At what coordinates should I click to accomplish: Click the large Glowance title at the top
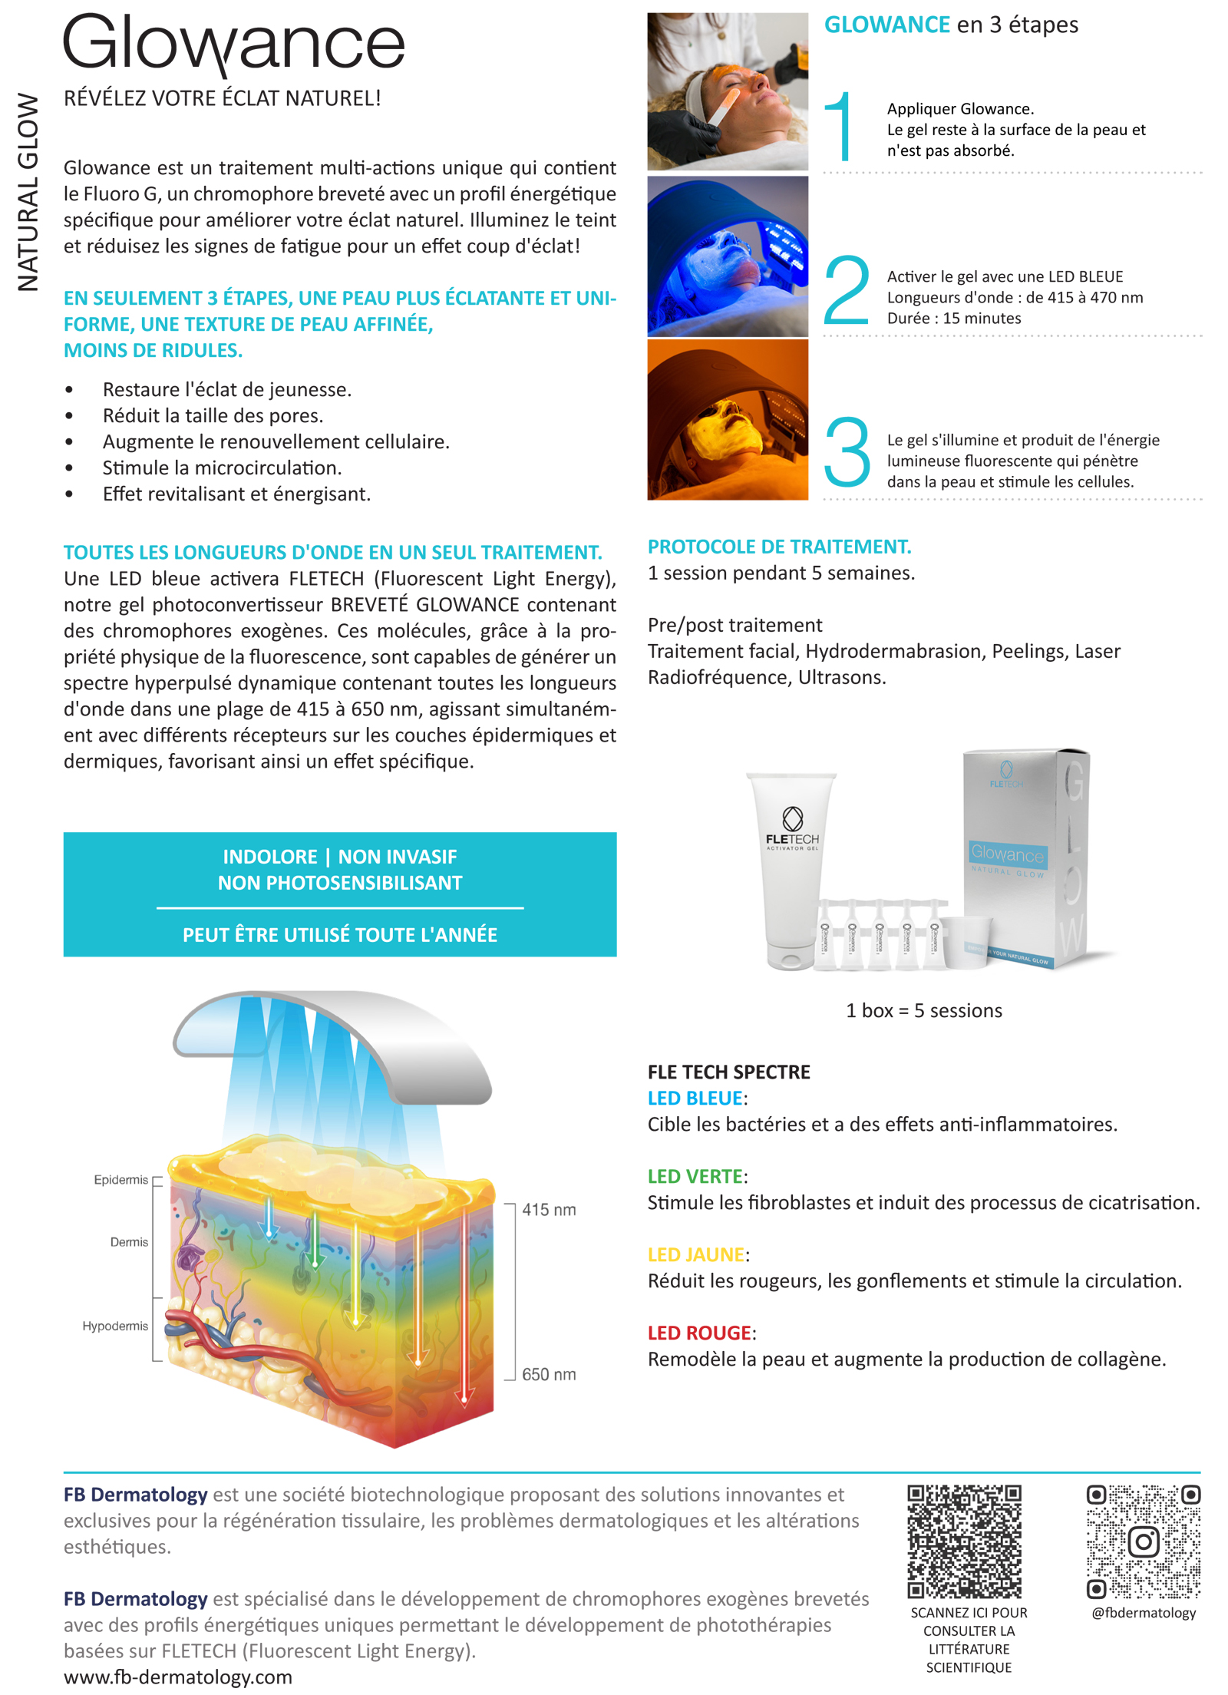point(233,45)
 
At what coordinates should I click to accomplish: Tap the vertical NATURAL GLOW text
point(28,192)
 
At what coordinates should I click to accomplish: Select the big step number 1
point(839,127)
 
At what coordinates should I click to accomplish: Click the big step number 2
point(846,292)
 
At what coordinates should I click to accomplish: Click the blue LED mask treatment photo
point(727,256)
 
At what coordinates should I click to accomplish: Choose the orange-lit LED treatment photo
point(727,420)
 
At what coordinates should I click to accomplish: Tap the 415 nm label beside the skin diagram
point(548,1210)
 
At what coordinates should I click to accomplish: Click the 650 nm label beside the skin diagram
point(548,1374)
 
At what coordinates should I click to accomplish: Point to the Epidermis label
point(120,1180)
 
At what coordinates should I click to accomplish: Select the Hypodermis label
point(115,1326)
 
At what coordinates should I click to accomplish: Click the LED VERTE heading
point(695,1176)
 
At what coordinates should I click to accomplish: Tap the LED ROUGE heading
point(699,1333)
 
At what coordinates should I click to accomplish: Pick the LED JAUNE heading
point(695,1254)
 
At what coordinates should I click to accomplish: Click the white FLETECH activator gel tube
point(791,871)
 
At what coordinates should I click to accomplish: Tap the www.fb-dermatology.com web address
point(178,1677)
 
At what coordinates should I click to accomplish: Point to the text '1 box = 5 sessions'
point(923,1010)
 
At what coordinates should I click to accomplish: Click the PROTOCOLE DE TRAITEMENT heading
point(779,547)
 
